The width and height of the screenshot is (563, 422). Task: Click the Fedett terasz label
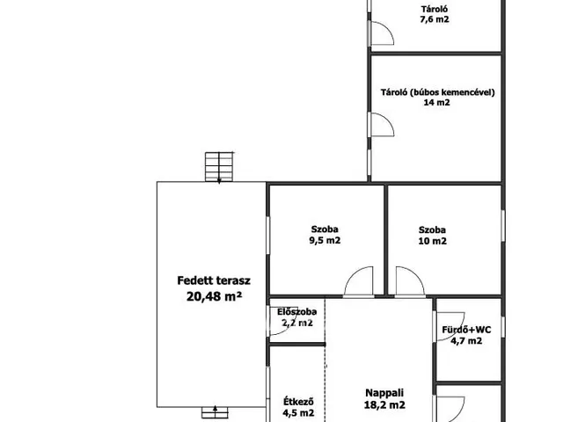(214, 280)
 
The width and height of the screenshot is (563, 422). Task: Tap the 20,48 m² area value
(214, 296)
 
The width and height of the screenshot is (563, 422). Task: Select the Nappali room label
(384, 393)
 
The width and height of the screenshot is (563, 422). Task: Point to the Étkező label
(299, 401)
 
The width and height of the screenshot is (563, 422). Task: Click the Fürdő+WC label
(466, 330)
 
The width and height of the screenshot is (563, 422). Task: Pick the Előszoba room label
(297, 312)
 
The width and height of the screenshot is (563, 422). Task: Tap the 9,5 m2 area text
(325, 240)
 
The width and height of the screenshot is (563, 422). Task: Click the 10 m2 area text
(432, 241)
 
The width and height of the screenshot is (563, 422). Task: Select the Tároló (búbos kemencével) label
(438, 92)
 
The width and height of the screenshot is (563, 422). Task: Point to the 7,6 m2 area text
(435, 19)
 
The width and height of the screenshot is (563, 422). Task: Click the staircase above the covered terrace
(219, 167)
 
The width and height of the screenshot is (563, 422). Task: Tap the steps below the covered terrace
(215, 412)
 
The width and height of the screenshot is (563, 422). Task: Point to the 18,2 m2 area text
(384, 405)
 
